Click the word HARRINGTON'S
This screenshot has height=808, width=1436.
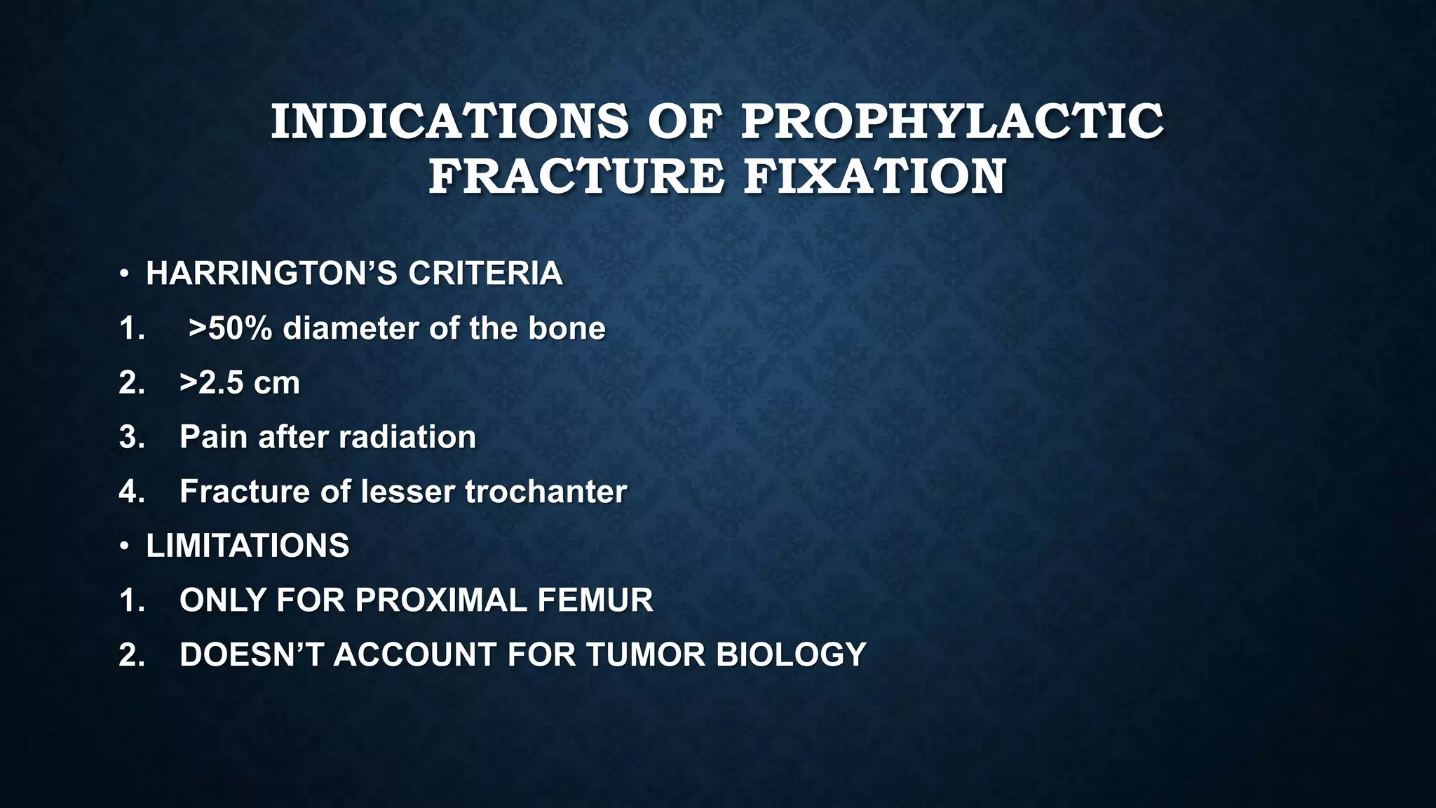click(271, 274)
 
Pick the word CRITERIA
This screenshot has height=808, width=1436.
click(485, 274)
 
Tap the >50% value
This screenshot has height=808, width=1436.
click(230, 328)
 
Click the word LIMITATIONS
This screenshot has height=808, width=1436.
click(247, 546)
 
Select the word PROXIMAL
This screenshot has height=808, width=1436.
click(440, 600)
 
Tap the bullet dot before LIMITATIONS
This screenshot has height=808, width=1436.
click(124, 546)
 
